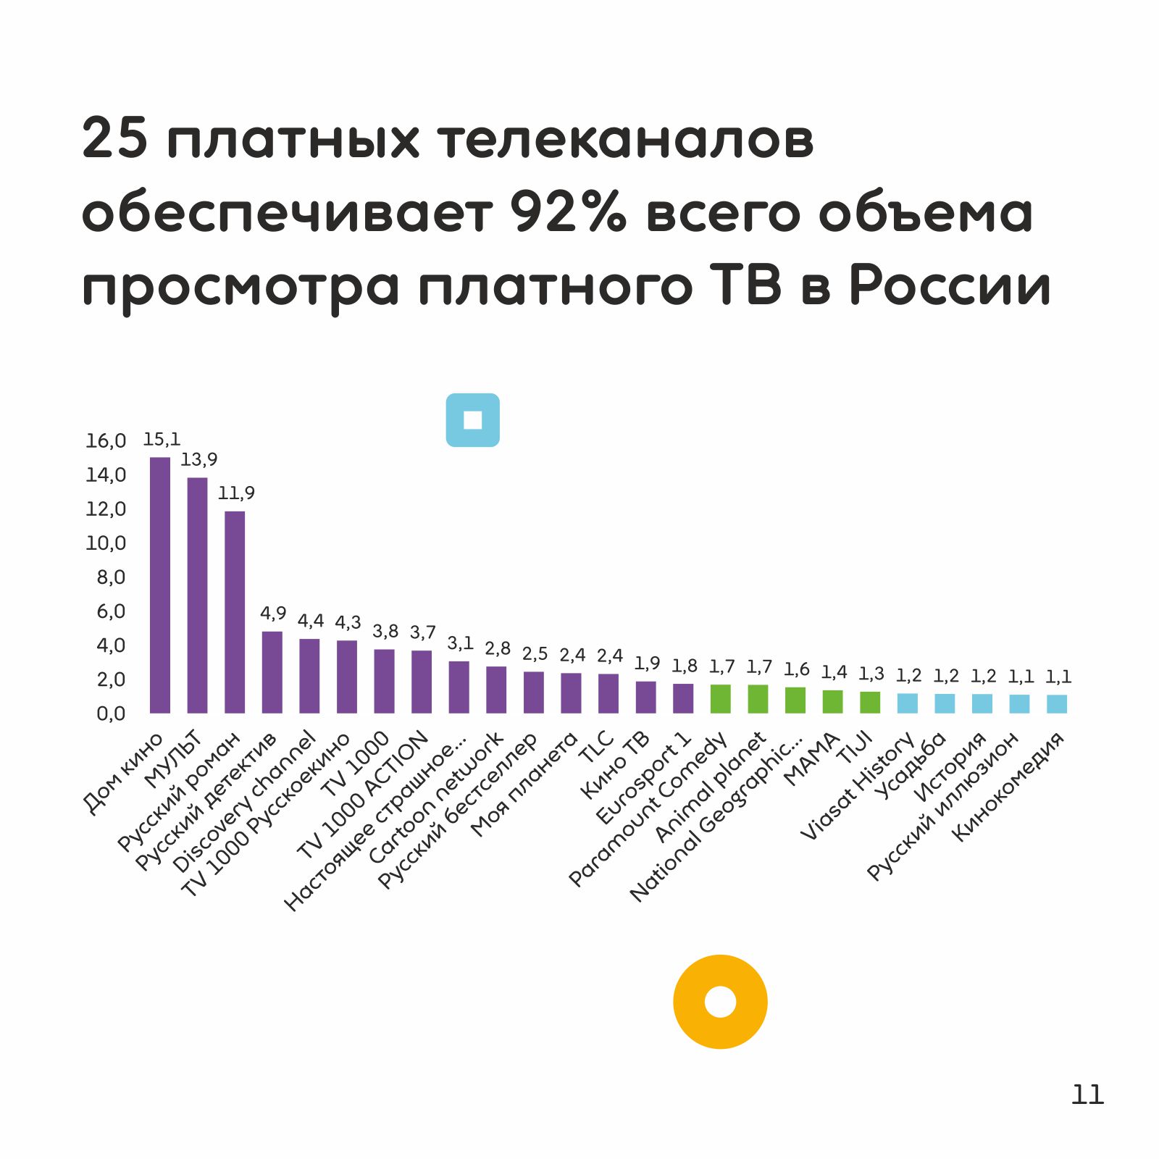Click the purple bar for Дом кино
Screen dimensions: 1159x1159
point(160,585)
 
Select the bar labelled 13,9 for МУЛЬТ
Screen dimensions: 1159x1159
point(197,595)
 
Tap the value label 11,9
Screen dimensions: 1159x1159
point(236,493)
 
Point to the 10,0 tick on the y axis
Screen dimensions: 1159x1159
point(106,543)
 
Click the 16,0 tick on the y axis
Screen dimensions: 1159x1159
point(106,440)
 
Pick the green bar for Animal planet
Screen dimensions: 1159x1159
point(758,699)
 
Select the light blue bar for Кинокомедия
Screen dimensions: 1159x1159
point(1057,704)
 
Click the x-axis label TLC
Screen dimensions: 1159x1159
point(597,748)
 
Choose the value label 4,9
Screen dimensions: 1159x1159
point(273,614)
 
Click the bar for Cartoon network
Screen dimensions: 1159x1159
point(496,690)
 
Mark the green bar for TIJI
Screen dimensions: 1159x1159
point(870,702)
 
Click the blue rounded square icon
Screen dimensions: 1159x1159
point(472,420)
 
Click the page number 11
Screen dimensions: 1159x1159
point(1087,1095)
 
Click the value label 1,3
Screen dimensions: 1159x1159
point(871,674)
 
